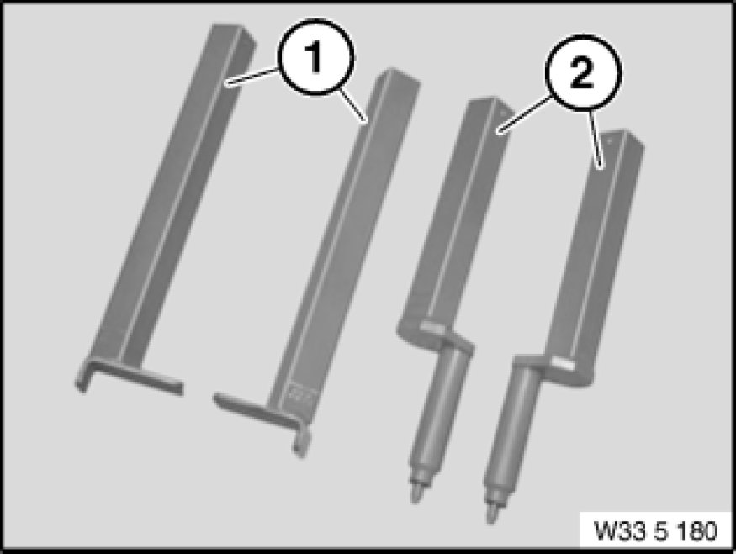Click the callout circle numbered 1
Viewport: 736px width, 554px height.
click(x=315, y=57)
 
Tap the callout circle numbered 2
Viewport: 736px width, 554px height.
click(x=583, y=73)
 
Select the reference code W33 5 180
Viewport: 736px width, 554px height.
click(x=656, y=530)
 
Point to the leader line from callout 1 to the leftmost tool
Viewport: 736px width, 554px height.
click(x=252, y=77)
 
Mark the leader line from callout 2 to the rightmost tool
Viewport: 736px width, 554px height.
click(x=596, y=138)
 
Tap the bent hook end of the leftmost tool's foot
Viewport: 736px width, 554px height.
click(x=82, y=378)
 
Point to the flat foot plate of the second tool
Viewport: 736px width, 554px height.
click(x=257, y=410)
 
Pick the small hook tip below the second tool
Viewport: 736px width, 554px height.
click(x=300, y=444)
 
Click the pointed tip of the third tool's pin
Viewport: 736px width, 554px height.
click(x=416, y=494)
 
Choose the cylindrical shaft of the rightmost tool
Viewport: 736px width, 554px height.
click(x=512, y=428)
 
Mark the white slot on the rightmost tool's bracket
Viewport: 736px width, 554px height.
click(x=562, y=362)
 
